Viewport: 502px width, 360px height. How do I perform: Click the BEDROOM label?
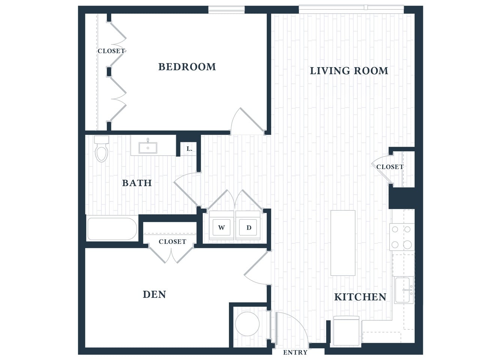[x=187, y=67]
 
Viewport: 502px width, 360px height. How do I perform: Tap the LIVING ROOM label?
[x=349, y=71]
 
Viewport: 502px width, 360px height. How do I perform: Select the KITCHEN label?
[x=360, y=297]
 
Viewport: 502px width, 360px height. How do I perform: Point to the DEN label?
[x=154, y=294]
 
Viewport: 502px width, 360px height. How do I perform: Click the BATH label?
[x=137, y=183]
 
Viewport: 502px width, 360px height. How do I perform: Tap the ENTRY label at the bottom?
[x=295, y=352]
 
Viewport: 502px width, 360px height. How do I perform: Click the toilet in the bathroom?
[x=101, y=149]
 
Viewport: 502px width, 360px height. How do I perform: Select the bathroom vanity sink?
[x=148, y=148]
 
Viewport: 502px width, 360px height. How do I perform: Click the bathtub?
[x=112, y=229]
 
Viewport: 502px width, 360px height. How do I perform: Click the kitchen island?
[x=343, y=243]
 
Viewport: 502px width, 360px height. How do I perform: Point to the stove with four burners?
[x=401, y=237]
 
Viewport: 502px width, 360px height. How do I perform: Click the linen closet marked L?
[x=189, y=149]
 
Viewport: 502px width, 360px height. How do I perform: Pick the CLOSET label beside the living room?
[x=390, y=167]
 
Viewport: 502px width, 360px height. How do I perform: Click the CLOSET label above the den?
[x=172, y=242]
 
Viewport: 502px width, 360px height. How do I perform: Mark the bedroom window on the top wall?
[x=226, y=9]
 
